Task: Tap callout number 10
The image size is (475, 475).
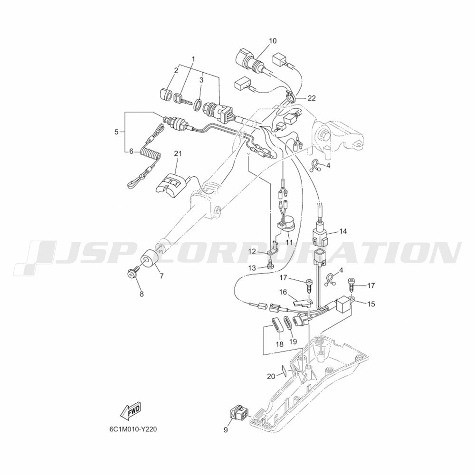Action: [273, 41]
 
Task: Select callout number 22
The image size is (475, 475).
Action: [312, 98]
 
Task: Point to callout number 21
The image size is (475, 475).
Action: [178, 153]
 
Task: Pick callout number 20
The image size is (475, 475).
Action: [271, 376]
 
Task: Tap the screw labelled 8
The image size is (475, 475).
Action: [133, 271]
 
